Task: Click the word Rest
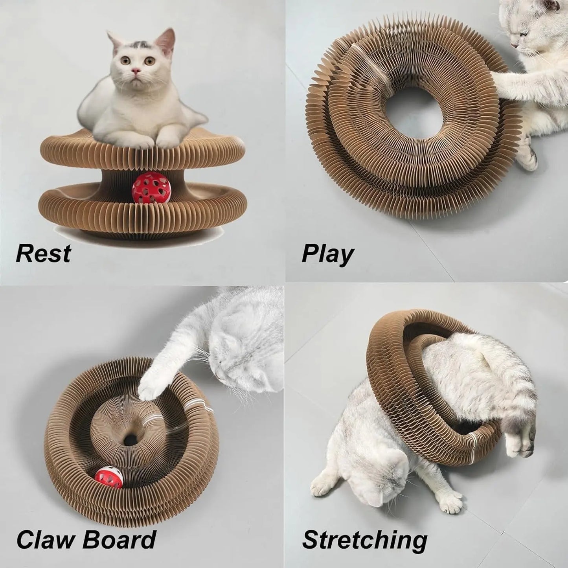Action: pos(43,254)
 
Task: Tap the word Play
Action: pos(327,255)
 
